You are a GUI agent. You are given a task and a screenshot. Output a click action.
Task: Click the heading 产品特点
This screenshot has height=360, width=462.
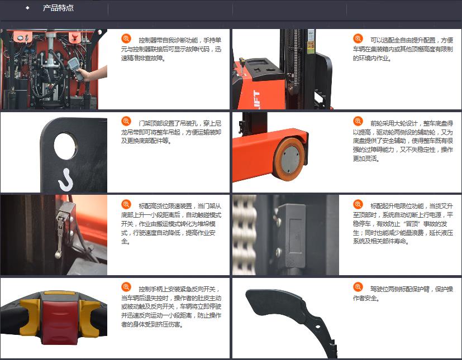tap(58, 8)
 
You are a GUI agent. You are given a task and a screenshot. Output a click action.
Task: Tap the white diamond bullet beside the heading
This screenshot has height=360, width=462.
tap(28, 8)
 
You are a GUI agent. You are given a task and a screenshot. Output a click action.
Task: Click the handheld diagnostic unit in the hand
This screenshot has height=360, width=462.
tap(75, 68)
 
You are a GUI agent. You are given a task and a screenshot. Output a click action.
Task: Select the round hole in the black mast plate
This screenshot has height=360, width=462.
tap(65, 146)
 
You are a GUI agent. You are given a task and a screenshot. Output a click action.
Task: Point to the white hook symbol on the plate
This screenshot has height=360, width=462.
tap(66, 179)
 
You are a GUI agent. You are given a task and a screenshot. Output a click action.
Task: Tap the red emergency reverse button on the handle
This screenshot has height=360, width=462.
tap(60, 318)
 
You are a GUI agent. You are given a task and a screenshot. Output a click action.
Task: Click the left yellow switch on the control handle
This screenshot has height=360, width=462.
tap(30, 317)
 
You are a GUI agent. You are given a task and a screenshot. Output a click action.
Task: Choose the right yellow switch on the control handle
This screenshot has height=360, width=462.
tap(90, 317)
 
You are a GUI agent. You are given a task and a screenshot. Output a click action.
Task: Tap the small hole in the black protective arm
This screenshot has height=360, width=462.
tap(318, 327)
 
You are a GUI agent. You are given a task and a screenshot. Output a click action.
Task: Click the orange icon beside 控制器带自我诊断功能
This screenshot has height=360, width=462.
tap(126, 39)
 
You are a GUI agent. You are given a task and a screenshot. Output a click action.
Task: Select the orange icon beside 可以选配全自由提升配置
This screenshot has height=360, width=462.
tap(358, 39)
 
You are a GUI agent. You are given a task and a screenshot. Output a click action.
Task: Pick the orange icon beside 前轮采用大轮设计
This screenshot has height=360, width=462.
tap(358, 121)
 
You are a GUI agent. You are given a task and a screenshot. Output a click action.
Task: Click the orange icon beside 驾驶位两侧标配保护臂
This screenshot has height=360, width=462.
tap(358, 287)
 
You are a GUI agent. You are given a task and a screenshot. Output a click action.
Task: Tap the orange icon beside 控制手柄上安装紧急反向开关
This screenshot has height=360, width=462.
tap(126, 287)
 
